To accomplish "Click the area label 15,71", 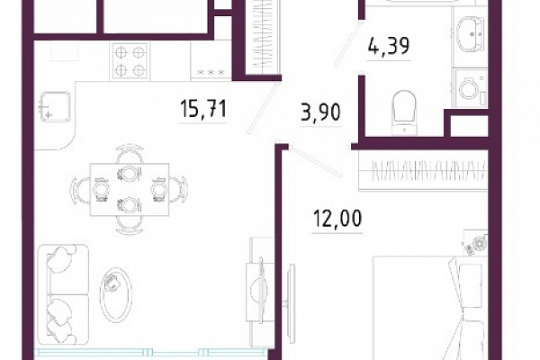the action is pyautogui.click(x=203, y=108).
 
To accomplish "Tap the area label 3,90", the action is pyautogui.click(x=320, y=112).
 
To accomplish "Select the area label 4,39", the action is pyautogui.click(x=389, y=46).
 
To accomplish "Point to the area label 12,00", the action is pyautogui.click(x=337, y=219).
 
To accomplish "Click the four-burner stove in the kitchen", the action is pyautogui.click(x=130, y=61).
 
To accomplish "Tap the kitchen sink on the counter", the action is pyautogui.click(x=55, y=107).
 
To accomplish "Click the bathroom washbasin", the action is pyautogui.click(x=471, y=34).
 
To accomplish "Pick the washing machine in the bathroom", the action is pyautogui.click(x=470, y=88).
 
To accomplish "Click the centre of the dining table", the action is pyautogui.click(x=129, y=190).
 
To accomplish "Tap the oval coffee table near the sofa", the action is pyautogui.click(x=116, y=294).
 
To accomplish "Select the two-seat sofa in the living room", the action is pyautogui.click(x=63, y=294).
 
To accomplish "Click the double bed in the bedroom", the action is pyautogui.click(x=430, y=308).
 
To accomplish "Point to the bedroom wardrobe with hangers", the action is pyautogui.click(x=423, y=170).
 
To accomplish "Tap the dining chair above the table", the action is pyautogui.click(x=130, y=154).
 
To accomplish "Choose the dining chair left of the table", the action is pyautogui.click(x=80, y=190).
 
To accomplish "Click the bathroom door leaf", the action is pyautogui.click(x=346, y=44).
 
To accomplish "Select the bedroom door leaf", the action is pyautogui.click(x=316, y=162).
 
